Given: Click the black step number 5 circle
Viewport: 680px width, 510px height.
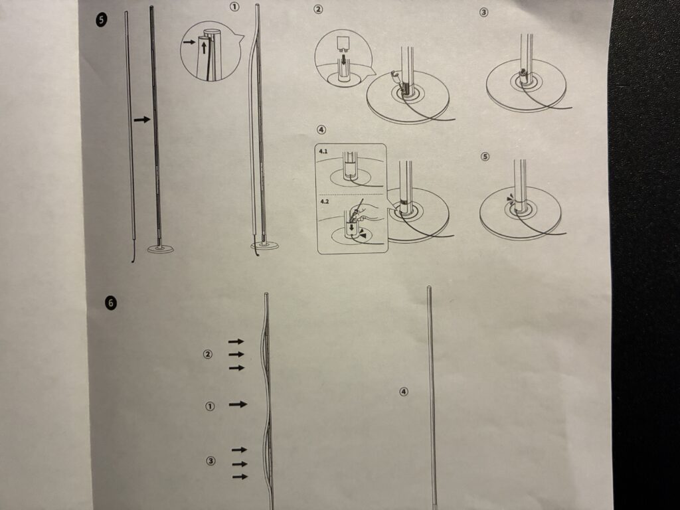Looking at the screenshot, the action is pos(102,20).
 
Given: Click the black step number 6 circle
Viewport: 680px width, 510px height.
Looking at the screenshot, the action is pos(111,302).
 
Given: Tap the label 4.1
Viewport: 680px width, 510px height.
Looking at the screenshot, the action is pos(324,151).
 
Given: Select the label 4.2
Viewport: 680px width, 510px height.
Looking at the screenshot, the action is pos(325,202).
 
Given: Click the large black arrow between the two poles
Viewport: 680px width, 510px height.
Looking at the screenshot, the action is pos(142,120).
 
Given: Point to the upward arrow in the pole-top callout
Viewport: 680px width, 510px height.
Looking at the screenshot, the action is pos(204,47).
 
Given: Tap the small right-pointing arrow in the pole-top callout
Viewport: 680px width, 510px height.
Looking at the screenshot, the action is pos(189,42).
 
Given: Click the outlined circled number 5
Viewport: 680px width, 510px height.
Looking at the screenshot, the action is pos(485,157).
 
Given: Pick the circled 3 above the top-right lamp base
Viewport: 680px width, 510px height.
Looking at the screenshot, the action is pos(483,12).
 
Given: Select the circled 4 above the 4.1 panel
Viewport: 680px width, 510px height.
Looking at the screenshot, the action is pos(321,129).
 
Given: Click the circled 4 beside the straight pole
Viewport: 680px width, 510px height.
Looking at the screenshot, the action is pos(403,392).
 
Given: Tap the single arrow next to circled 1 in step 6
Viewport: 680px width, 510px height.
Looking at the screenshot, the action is pos(238,404).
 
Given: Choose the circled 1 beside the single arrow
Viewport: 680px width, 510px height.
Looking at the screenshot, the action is pos(210,406).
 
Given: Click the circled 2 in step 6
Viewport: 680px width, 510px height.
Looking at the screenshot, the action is pos(208,355).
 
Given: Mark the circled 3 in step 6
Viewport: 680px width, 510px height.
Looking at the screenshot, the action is pos(211,461).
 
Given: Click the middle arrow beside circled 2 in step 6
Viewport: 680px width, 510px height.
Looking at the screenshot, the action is pos(236,355).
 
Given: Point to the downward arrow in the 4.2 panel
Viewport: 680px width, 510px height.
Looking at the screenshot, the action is pos(351,227).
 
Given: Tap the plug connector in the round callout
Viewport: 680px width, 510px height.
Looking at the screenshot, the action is pos(343,42).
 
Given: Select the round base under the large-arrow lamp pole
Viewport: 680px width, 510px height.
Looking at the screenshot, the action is pos(161,249).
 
